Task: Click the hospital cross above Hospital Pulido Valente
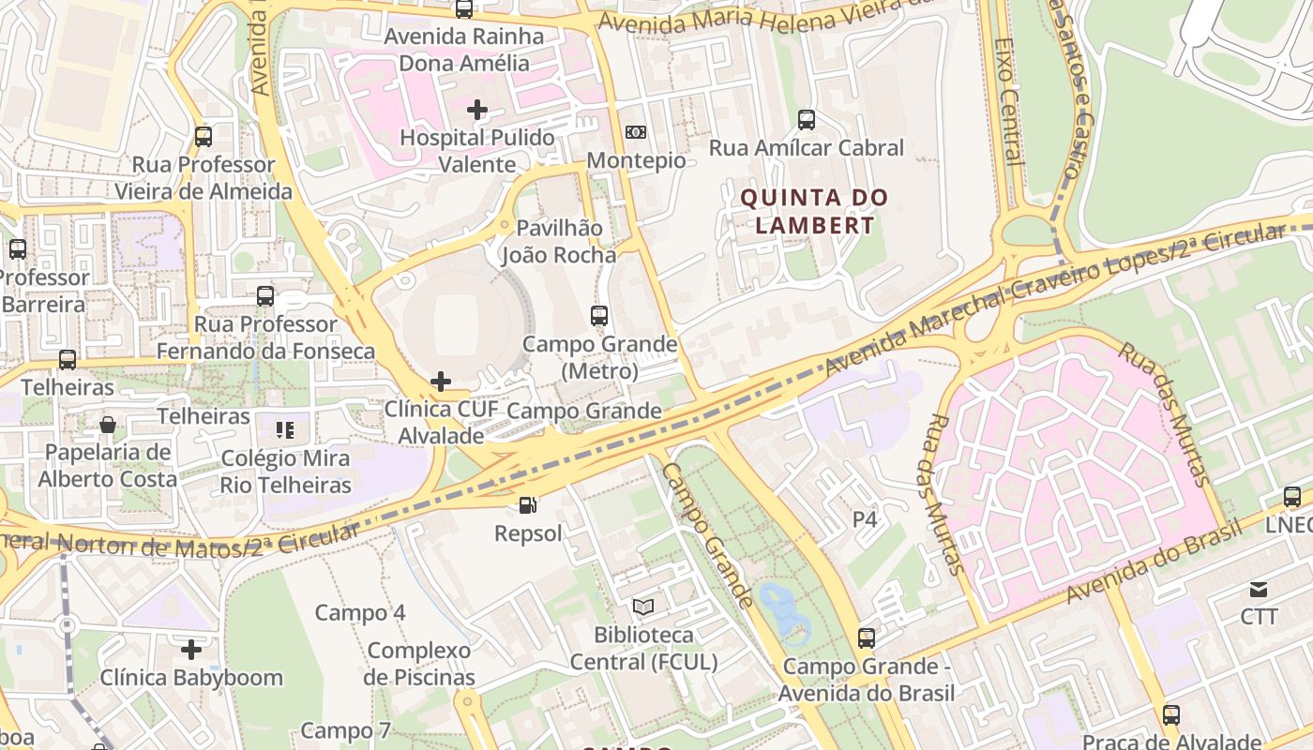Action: pyautogui.click(x=477, y=110)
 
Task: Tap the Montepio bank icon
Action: pyautogui.click(x=636, y=132)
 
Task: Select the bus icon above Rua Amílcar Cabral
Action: pyautogui.click(x=806, y=119)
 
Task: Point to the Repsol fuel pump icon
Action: pyautogui.click(x=529, y=505)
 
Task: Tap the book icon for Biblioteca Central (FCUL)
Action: pyautogui.click(x=642, y=607)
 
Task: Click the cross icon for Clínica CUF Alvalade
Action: pyautogui.click(x=440, y=381)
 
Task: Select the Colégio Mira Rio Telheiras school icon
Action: pyautogui.click(x=285, y=430)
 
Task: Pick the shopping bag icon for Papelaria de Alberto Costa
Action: pyautogui.click(x=108, y=425)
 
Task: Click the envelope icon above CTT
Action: pyautogui.click(x=1259, y=589)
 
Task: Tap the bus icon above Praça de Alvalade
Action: pyautogui.click(x=1171, y=714)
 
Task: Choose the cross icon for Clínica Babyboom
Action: pyautogui.click(x=191, y=649)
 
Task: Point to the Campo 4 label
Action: pyautogui.click(x=360, y=613)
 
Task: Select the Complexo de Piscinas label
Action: pyautogui.click(x=419, y=664)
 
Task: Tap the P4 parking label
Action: pyautogui.click(x=865, y=518)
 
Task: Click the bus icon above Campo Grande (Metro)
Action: pyautogui.click(x=599, y=315)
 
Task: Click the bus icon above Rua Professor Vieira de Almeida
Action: pyautogui.click(x=204, y=137)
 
